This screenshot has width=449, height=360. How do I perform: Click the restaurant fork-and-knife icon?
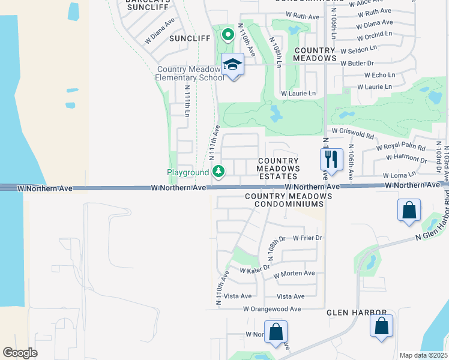click(x=331, y=160)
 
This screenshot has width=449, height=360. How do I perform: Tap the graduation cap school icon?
click(x=232, y=64)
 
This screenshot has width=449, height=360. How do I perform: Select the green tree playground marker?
click(x=218, y=172)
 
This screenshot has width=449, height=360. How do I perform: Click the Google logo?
click(x=20, y=353)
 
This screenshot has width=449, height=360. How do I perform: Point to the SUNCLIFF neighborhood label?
click(x=190, y=38)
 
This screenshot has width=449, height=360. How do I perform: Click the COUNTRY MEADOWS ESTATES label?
click(x=278, y=169)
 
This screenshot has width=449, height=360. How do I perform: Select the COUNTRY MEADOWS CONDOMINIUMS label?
click(x=288, y=200)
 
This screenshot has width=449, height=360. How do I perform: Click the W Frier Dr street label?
click(x=307, y=238)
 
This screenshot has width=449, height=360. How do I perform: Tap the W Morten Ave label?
click(x=294, y=274)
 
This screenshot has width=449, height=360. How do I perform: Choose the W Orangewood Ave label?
click(x=272, y=308)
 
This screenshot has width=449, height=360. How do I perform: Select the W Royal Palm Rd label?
click(x=400, y=148)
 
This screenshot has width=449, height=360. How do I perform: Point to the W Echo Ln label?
click(x=380, y=75)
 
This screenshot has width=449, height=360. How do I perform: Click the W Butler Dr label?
click(x=357, y=63)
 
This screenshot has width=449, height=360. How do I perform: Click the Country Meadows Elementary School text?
click(x=188, y=74)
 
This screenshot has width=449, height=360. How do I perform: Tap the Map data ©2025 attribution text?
click(x=423, y=355)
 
